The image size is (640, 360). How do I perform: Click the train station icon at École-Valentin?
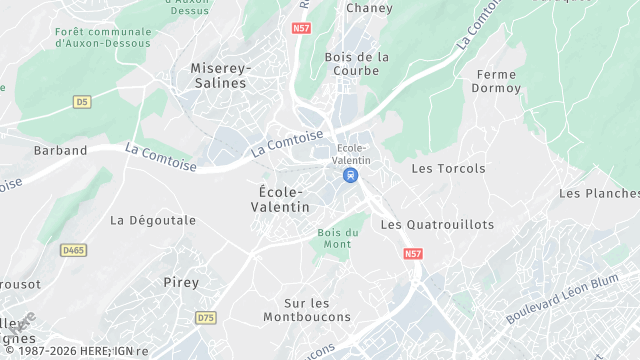(x=350, y=175)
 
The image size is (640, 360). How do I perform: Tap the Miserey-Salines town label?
(x=218, y=75)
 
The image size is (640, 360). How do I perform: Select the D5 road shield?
(x=82, y=102)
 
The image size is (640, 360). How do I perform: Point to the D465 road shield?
(x=72, y=250)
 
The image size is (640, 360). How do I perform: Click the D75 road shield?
(x=206, y=318)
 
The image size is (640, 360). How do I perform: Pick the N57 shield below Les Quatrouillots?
(x=413, y=255)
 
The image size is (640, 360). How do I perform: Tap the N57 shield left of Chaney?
(x=302, y=29)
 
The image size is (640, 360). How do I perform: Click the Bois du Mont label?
(x=337, y=239)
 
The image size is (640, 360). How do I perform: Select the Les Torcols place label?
(x=448, y=169)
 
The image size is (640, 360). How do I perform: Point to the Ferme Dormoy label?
(x=499, y=81)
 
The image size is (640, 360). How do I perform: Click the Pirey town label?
(x=181, y=283)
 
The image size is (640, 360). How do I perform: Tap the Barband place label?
(x=61, y=151)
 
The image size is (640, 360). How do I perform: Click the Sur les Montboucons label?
(x=307, y=310)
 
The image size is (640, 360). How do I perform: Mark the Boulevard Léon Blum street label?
(x=563, y=297)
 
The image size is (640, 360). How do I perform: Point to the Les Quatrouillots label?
(x=437, y=225)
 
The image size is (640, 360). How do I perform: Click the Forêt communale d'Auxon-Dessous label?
(x=104, y=37)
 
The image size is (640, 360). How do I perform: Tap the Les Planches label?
(x=598, y=193)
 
